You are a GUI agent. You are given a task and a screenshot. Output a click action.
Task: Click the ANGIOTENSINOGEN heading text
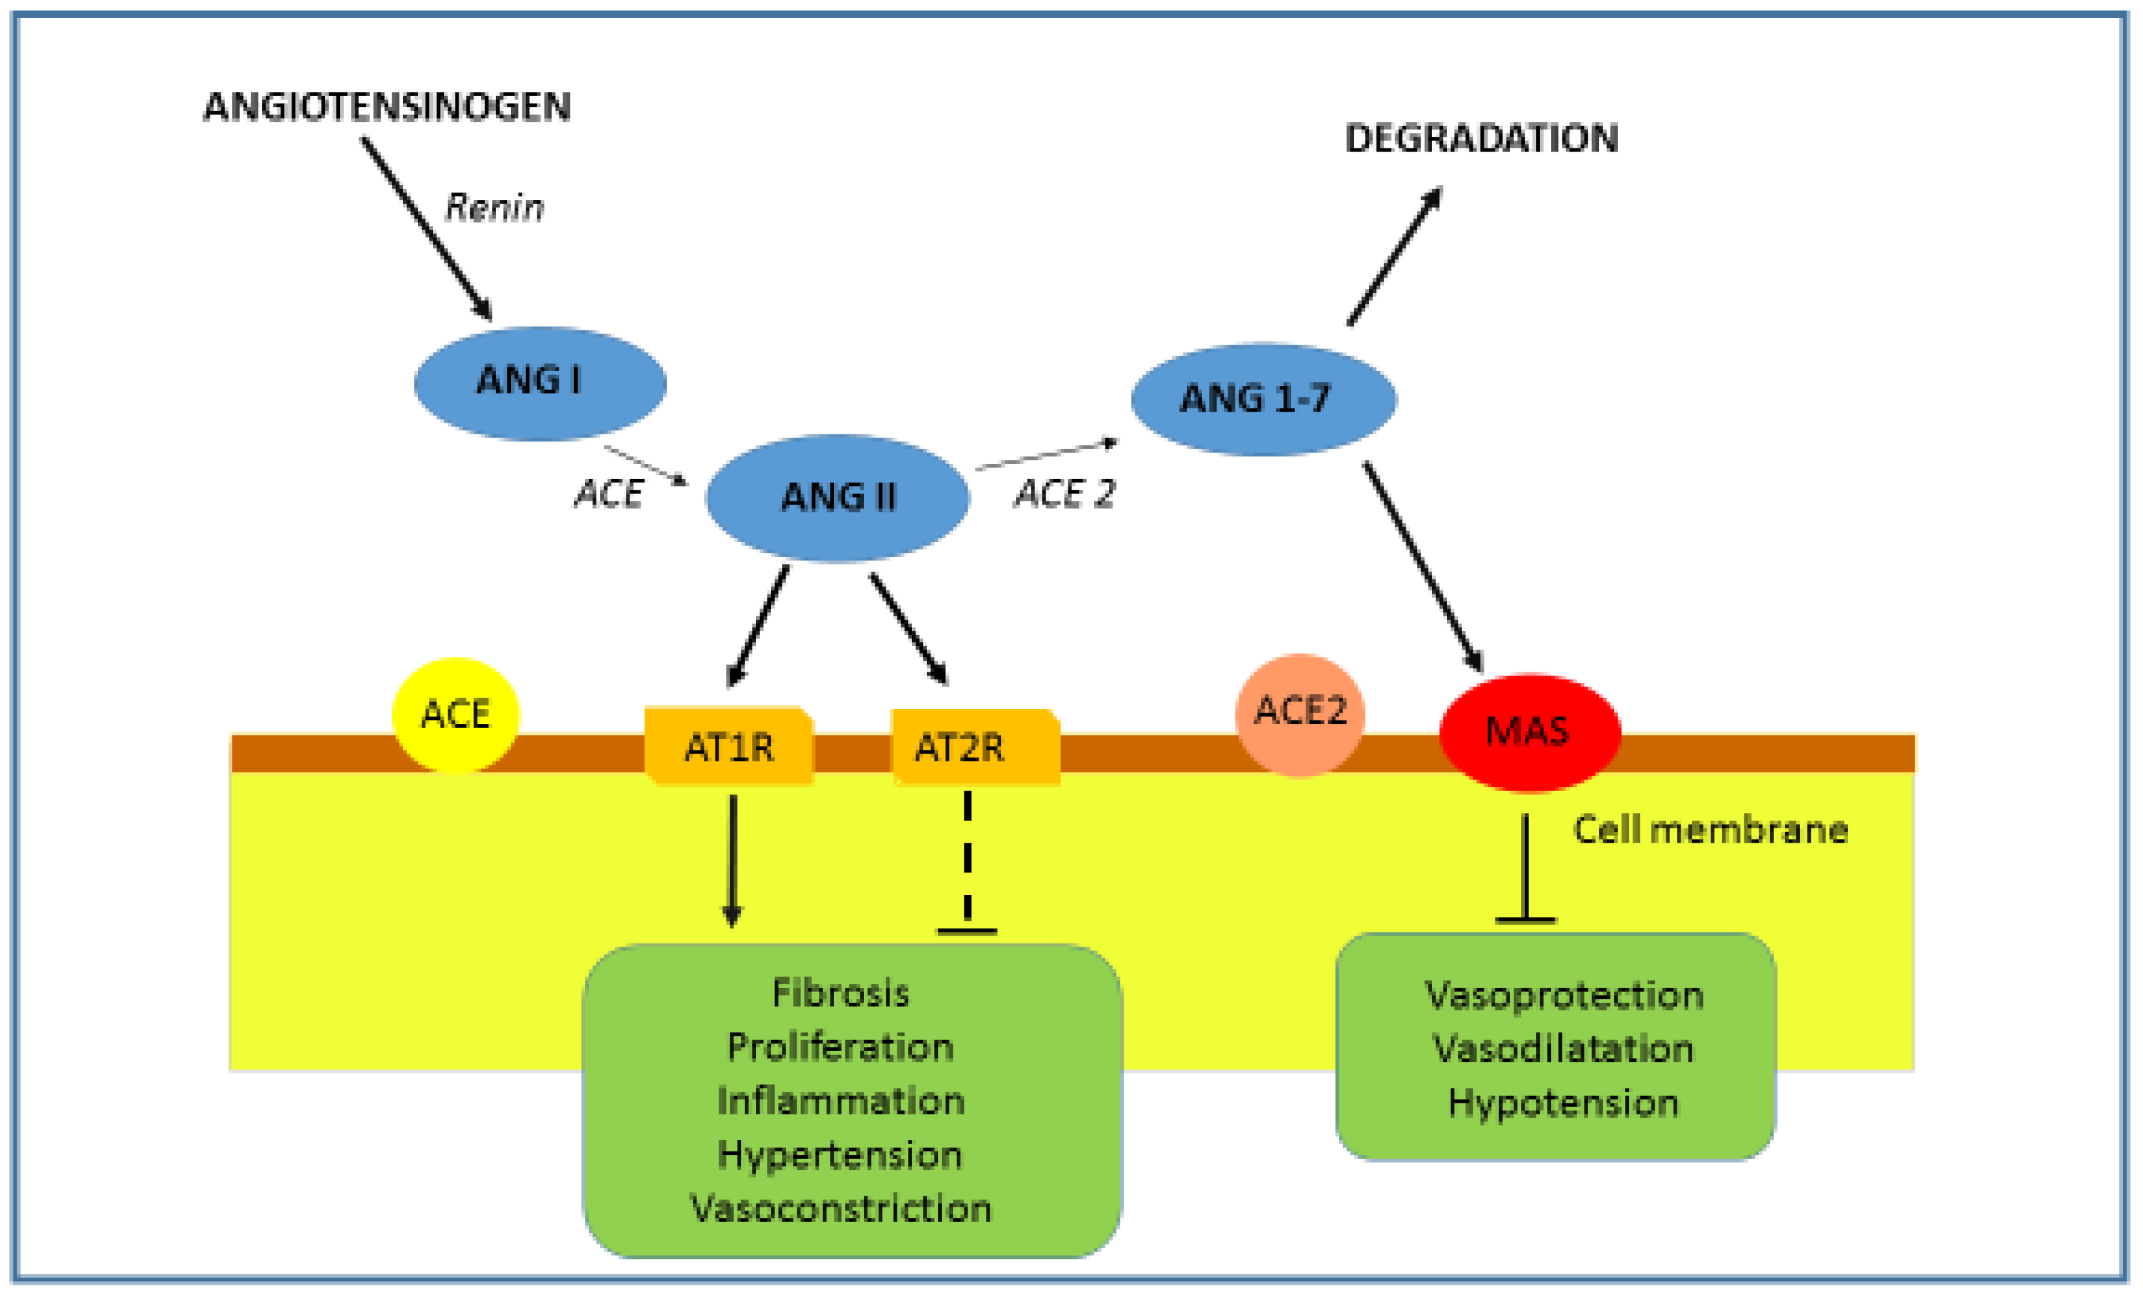387,107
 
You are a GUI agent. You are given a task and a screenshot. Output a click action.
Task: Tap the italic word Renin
494,208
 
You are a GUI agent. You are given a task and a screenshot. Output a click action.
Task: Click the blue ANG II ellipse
837,498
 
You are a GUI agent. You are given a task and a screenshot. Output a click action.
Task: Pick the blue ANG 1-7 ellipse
1263,399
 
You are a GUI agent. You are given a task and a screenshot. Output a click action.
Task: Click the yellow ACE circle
455,715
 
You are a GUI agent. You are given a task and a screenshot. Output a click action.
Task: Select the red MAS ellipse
1529,732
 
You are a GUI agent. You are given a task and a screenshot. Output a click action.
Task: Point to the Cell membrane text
1710,830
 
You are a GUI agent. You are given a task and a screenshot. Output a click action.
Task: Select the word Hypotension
1563,1103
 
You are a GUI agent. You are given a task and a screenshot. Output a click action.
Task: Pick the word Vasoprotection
1563,995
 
